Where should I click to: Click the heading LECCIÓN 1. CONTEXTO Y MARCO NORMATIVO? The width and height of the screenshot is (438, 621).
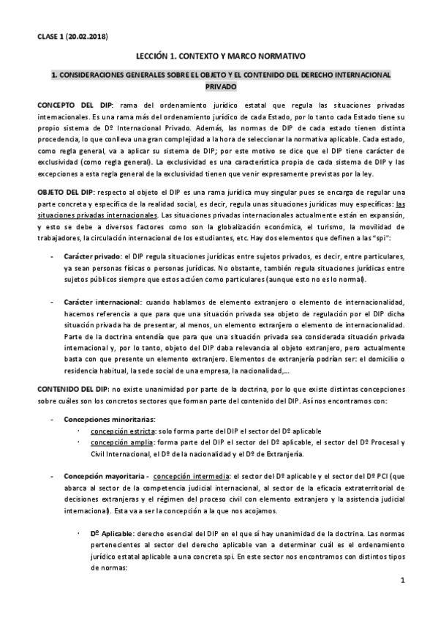[x=219, y=56]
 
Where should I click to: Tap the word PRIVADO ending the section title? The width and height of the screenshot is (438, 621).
[x=219, y=86]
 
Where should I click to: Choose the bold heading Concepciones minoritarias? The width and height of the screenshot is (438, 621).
[x=99, y=420]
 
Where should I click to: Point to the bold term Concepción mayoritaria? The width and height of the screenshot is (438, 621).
[x=105, y=475]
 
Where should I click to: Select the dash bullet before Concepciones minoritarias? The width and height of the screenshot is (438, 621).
[x=50, y=420]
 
